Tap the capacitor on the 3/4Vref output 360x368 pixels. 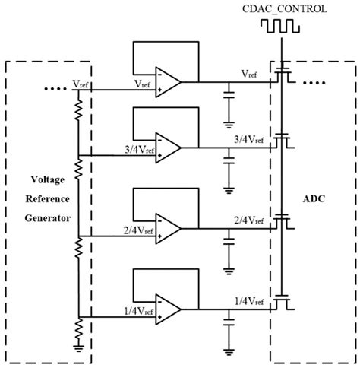[229, 160]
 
